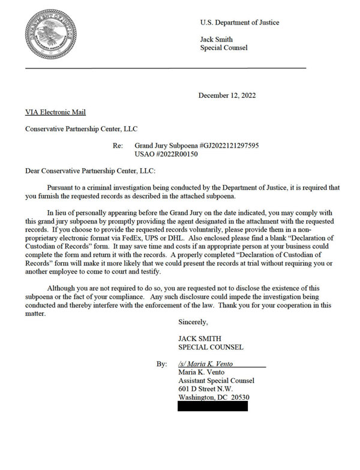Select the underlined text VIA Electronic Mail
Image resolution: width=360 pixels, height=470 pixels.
55,112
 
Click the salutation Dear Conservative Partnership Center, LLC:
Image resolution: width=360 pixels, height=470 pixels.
90,170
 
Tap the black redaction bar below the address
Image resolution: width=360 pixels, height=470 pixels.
212,406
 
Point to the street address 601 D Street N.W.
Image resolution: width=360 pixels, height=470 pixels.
206,389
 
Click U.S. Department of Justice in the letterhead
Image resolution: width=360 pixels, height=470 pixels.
239,23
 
